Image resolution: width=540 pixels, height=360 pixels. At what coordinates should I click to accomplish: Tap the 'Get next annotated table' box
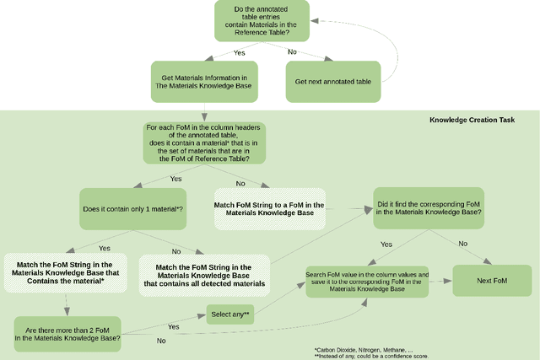[x=335, y=82]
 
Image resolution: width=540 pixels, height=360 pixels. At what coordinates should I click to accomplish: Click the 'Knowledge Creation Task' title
[x=472, y=120]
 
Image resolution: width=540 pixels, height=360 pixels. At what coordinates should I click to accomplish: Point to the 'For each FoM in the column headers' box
[x=205, y=144]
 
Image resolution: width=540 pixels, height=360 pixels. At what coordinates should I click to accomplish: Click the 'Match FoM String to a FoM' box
[x=270, y=208]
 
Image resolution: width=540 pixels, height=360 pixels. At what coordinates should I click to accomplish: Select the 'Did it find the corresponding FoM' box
[x=429, y=207]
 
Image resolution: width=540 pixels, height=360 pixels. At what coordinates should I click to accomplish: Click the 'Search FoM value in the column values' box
[x=366, y=281]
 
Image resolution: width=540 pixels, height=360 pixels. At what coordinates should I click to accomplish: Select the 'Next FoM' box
[x=492, y=281]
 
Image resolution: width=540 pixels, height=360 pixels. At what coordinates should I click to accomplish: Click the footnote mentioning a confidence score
[x=371, y=356]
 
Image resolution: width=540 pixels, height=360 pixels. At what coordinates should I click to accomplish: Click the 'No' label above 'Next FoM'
[x=462, y=244]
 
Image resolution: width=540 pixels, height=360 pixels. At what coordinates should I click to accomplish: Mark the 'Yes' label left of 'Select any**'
[x=173, y=326]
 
